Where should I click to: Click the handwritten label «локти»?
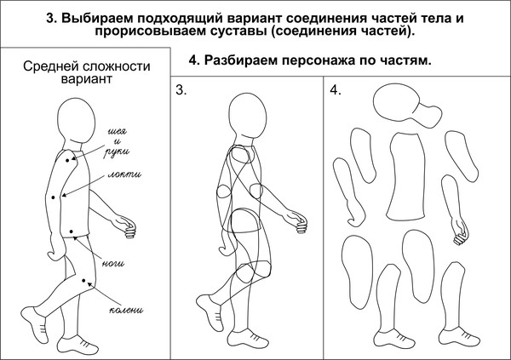coord(124,175)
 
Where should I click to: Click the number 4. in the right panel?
coord(336,91)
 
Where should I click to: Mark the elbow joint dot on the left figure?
coord(54,197)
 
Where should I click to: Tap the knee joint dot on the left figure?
coord(83,280)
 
